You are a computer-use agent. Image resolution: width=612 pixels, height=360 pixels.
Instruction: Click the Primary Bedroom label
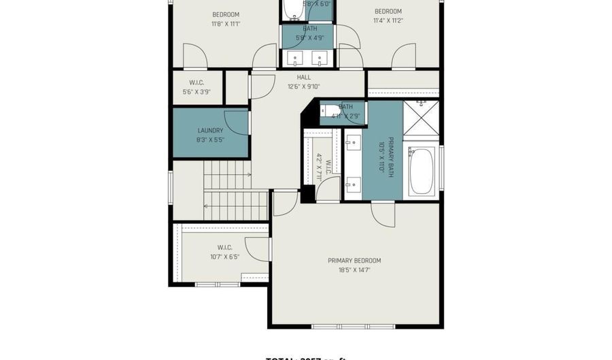[354, 261]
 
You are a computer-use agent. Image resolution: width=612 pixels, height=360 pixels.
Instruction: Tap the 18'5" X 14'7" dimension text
[354, 270]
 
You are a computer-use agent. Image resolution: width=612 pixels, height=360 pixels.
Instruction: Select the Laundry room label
[210, 131]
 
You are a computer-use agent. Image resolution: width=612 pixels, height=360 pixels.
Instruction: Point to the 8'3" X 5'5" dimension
[210, 140]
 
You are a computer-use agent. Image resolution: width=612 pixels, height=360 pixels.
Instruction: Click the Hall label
[304, 78]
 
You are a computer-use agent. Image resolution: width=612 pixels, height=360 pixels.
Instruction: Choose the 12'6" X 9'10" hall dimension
[304, 86]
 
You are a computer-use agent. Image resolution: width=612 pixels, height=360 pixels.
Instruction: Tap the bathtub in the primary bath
[422, 170]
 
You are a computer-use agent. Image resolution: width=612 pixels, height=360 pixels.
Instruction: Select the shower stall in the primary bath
[421, 118]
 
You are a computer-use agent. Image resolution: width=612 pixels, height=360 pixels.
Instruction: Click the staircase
[227, 190]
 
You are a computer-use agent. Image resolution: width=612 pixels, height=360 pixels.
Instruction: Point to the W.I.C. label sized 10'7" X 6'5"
[225, 247]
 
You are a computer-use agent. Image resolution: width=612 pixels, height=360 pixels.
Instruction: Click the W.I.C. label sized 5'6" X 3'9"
[197, 83]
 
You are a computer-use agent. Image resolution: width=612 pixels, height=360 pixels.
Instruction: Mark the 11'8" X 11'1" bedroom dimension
[225, 24]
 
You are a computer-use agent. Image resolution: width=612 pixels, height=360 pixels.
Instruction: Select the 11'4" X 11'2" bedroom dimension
[388, 20]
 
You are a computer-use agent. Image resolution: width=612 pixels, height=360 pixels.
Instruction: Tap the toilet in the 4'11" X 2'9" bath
[328, 110]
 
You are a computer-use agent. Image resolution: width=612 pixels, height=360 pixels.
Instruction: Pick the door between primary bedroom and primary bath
[383, 214]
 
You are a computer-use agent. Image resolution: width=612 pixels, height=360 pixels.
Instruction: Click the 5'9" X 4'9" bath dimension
[309, 38]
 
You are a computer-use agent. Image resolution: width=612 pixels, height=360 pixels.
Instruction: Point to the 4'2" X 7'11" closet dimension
[318, 165]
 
